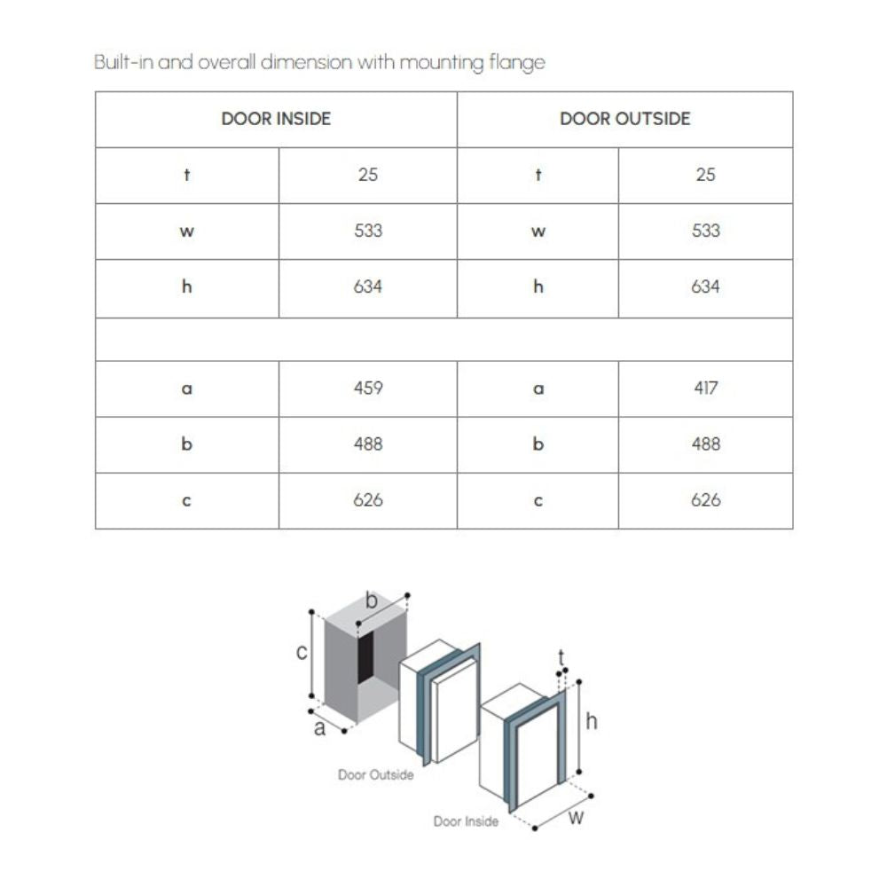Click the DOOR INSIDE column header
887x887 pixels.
[x=276, y=119]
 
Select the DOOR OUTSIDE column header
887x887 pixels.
[x=624, y=119]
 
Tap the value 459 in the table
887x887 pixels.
[x=368, y=389]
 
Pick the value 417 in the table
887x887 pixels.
[x=705, y=389]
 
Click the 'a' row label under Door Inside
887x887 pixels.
[x=186, y=389]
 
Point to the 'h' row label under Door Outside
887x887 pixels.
[x=538, y=287]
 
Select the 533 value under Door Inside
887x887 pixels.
[x=368, y=231]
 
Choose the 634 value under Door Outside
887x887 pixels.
[x=705, y=287]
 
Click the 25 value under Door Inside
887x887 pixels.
[x=368, y=175]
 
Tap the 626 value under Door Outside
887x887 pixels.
[x=705, y=500]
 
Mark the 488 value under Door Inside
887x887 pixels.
[x=368, y=444]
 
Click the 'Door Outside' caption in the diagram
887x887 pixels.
[x=375, y=775]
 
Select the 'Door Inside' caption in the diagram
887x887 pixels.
[x=466, y=822]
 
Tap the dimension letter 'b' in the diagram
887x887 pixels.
[x=372, y=601]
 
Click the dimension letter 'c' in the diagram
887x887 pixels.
[x=301, y=653]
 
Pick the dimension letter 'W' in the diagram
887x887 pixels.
[x=576, y=818]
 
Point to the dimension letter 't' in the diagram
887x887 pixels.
[x=561, y=657]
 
